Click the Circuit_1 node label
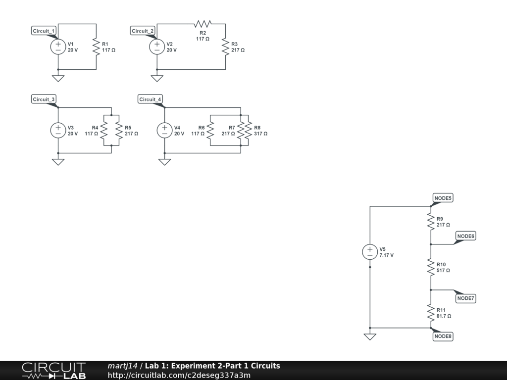pos(44,31)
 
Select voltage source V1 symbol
pos(58,47)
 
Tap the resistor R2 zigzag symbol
pos(203,24)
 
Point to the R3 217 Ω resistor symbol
pos(225,47)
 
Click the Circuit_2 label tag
pos(143,31)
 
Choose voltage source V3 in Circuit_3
pos(58,131)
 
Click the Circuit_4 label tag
pos(150,99)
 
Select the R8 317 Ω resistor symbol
pos(248,131)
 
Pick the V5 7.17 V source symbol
pos(370,252)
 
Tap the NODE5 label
pos(443,198)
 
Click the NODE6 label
pos(466,236)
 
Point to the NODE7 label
pos(466,298)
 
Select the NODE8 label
pos(443,336)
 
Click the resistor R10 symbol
pos(431,268)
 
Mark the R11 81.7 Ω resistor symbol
pos(431,313)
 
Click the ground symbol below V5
pos(370,336)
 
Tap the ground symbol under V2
pos(157,78)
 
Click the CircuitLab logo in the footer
pos(53,370)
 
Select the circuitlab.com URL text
pos(179,375)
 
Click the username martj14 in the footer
pos(122,366)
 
